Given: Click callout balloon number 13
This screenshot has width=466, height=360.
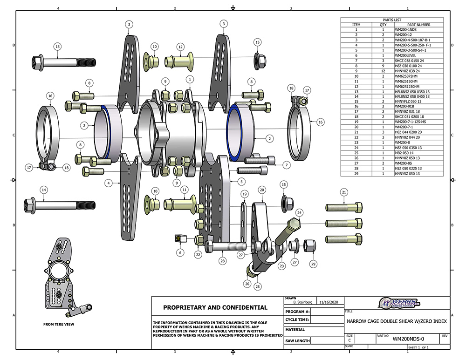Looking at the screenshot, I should click(57, 47).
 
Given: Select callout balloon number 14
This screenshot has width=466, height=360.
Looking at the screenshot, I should click(44, 190).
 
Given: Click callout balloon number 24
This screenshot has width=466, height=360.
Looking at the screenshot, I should click(300, 213).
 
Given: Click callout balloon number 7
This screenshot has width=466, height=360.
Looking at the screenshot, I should click(287, 165).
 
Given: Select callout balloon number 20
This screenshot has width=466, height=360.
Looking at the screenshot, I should click(262, 190).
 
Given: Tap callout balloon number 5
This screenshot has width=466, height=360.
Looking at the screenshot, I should click(241, 181).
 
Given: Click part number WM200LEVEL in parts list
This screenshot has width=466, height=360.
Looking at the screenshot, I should click(404, 54).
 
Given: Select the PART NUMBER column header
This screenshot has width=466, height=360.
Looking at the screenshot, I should click(418, 25).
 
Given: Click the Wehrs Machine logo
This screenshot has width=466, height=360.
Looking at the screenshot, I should click(399, 304).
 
